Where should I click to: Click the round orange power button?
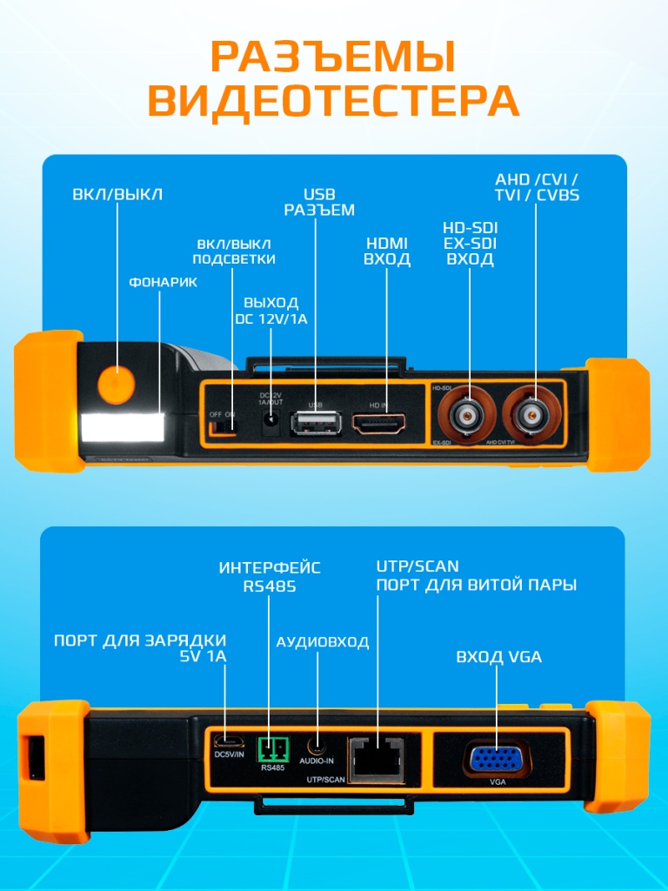[x=116, y=384]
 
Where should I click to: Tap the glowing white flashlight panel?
[x=123, y=426]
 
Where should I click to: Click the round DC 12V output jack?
[x=271, y=423]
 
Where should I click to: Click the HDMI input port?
[x=379, y=424]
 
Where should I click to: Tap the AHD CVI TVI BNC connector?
[x=533, y=416]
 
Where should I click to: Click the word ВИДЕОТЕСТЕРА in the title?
[x=333, y=102]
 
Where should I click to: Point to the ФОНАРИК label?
[x=163, y=283]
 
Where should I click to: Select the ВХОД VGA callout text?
[x=498, y=657]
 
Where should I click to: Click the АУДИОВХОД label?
[x=322, y=642]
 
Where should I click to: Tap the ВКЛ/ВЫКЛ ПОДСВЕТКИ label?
[x=234, y=251]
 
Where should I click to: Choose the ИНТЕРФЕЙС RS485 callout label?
[x=270, y=577]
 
